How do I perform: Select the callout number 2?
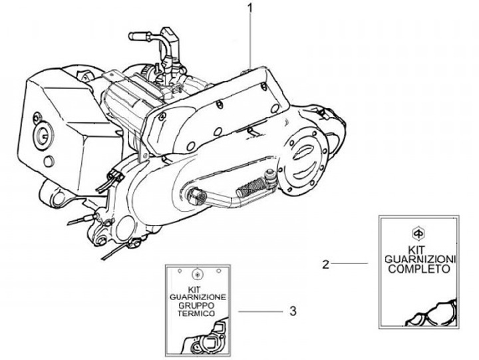[325, 264]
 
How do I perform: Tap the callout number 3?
[293, 310]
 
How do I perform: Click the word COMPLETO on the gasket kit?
[418, 270]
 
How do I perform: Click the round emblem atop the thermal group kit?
[197, 273]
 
